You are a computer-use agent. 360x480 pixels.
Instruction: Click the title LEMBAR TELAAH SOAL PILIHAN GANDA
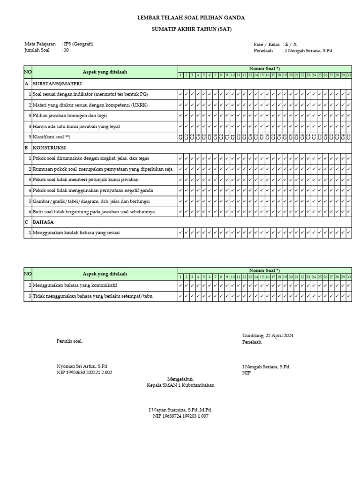point(190,17)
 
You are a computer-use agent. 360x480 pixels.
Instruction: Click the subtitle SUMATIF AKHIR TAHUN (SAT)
point(190,29)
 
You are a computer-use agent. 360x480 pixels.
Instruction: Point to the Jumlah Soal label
point(37,50)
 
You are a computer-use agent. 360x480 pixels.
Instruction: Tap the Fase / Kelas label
point(267,44)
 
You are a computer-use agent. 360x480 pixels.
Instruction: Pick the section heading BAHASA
point(43,222)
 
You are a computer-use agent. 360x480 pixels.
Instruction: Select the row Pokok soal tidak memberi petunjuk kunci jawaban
point(86,180)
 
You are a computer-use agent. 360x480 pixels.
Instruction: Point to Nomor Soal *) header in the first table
point(264,68)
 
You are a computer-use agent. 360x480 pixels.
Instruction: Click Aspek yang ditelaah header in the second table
point(105,274)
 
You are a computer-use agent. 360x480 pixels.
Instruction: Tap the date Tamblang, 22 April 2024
point(268,336)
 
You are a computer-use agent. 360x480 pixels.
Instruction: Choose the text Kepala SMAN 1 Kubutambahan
point(180,385)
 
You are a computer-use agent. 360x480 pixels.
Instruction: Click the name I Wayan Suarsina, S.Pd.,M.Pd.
point(180,410)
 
